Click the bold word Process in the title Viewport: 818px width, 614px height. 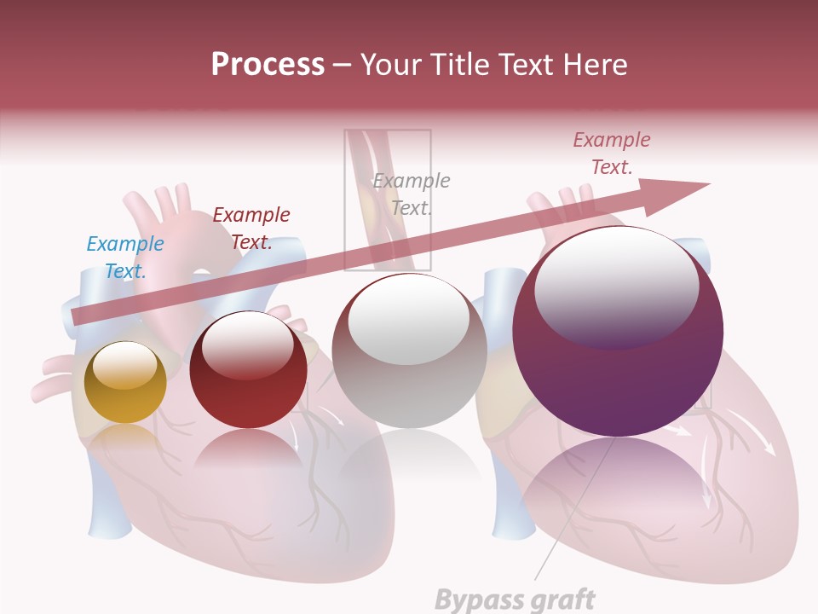click(x=268, y=65)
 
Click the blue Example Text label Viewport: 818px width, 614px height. click(x=125, y=258)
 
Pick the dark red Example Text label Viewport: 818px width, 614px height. click(x=251, y=228)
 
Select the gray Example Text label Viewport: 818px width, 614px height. click(x=412, y=194)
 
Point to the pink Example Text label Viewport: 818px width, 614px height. click(x=612, y=153)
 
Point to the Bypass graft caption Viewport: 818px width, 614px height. click(x=515, y=600)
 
